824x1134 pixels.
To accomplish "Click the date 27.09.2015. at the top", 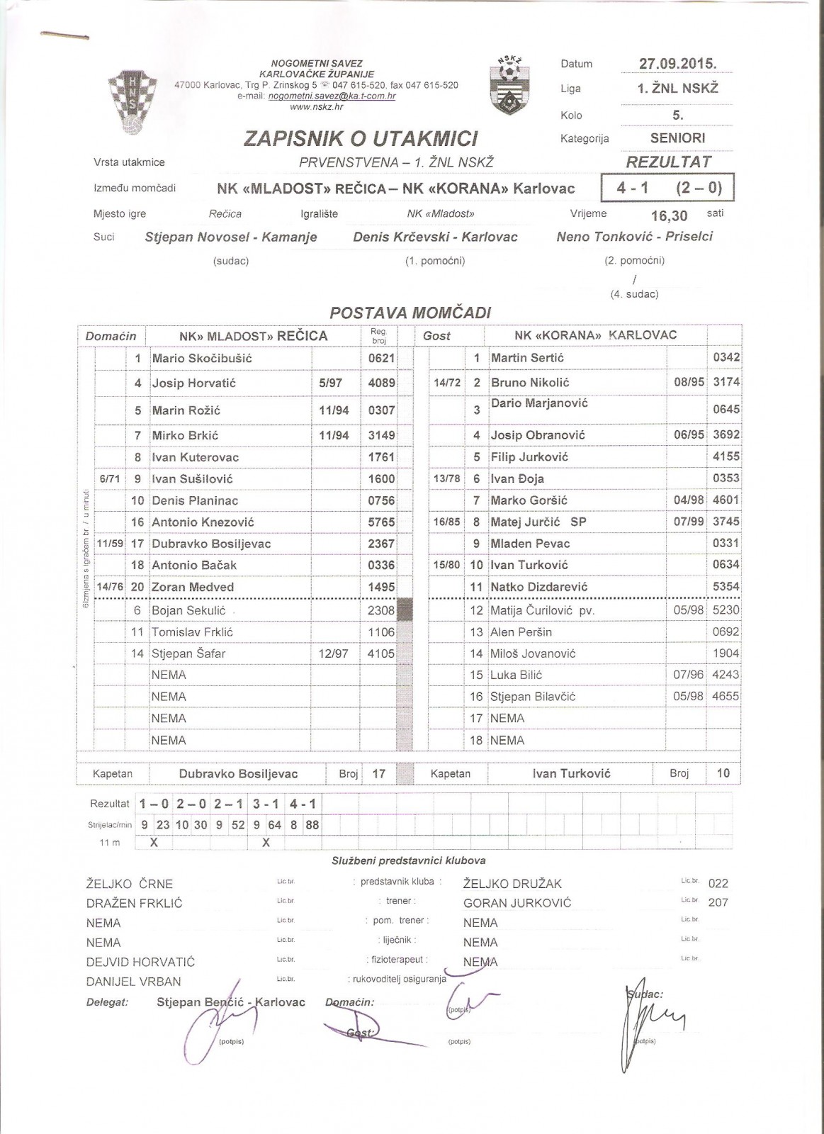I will point(677,63).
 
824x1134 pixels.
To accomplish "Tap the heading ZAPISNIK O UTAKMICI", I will point(361,138).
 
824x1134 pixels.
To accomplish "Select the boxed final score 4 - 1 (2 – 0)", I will point(667,189).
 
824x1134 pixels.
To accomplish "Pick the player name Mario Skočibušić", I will point(202,359).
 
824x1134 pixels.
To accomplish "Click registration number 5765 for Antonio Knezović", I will point(381,522).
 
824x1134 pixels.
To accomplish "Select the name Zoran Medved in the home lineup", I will point(193,587).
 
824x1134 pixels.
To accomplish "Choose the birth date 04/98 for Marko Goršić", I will point(689,500).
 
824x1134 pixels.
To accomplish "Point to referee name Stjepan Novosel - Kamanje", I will point(231,237).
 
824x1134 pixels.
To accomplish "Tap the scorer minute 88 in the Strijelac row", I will point(312,825).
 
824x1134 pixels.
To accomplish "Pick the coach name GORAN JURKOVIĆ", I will point(517,903).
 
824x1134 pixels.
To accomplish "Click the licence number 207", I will point(718,902).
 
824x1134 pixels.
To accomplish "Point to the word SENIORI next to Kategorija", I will point(677,138).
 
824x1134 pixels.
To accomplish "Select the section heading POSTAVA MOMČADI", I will point(410,313).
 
